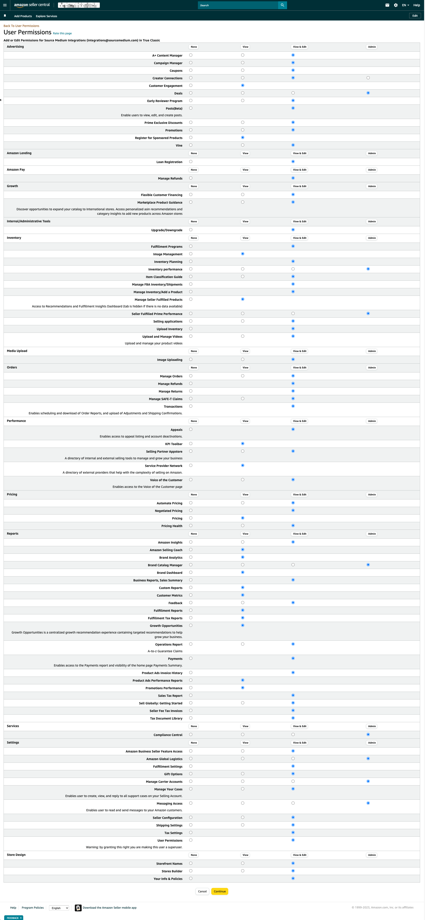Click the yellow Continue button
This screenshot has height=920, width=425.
tap(220, 891)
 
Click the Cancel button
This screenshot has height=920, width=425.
tap(202, 891)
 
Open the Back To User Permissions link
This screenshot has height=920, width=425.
tap(21, 26)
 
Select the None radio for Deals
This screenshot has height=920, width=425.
tap(191, 93)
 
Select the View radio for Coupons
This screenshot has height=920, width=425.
tap(243, 70)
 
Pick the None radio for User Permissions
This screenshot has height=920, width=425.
tap(191, 840)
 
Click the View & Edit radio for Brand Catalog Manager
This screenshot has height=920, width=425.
tap(293, 565)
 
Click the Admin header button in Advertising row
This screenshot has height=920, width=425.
tap(372, 47)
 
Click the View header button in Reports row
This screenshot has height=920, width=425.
tap(245, 534)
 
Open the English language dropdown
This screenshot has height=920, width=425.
tap(59, 908)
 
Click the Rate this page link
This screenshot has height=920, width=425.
tap(62, 33)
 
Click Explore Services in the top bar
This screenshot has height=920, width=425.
tap(47, 16)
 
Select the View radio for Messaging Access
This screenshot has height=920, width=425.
tap(243, 803)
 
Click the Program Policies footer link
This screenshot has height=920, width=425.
tap(33, 908)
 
